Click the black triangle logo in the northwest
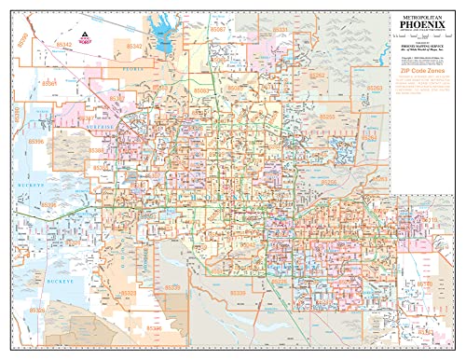tap(85, 37)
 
